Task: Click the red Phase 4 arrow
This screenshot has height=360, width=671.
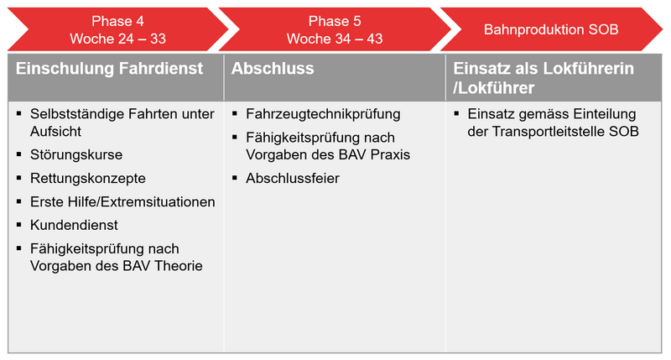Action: [x=118, y=29]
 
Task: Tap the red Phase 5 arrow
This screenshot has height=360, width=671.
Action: [x=335, y=29]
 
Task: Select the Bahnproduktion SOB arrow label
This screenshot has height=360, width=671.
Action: [x=551, y=29]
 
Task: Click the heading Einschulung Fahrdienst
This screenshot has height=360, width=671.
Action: [x=109, y=69]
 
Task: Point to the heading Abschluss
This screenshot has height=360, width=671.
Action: [x=273, y=69]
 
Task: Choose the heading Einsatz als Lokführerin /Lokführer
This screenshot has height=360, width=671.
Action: [x=544, y=78]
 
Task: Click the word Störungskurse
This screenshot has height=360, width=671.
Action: [x=76, y=154]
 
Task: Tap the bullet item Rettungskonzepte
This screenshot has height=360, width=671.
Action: [x=88, y=179]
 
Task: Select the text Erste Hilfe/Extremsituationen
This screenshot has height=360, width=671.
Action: [x=122, y=202]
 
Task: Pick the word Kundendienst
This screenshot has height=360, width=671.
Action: [x=74, y=225]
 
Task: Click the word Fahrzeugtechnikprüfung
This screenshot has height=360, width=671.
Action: [x=323, y=114]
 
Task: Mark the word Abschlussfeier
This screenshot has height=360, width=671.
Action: [x=293, y=179]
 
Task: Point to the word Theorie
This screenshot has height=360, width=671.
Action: [x=179, y=266]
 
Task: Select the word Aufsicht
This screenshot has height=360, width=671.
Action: [x=55, y=132]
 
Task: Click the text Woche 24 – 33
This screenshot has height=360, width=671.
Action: [x=118, y=39]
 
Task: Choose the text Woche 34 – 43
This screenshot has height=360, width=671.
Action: [x=335, y=39]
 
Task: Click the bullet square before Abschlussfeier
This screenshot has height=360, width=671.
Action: [x=235, y=177]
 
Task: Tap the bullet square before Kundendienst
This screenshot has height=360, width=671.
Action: [x=18, y=224]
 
